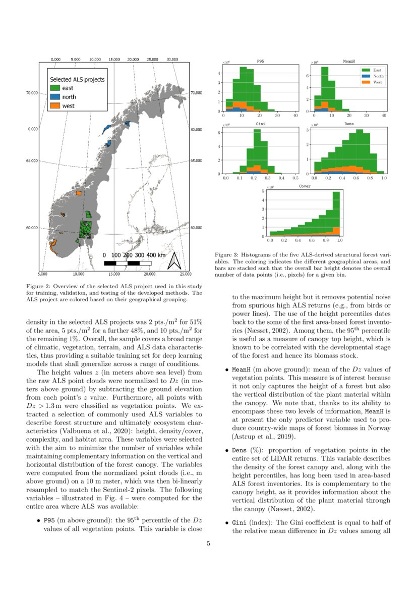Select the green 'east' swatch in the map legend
tap(54, 88)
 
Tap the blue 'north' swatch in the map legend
tap(54, 96)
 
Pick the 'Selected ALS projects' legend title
tap(77, 79)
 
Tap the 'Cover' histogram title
tap(305, 186)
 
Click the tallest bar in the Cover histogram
tap(336, 213)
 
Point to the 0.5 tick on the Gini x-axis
tap(295, 178)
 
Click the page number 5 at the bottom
tap(208, 543)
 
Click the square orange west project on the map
tap(78, 193)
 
